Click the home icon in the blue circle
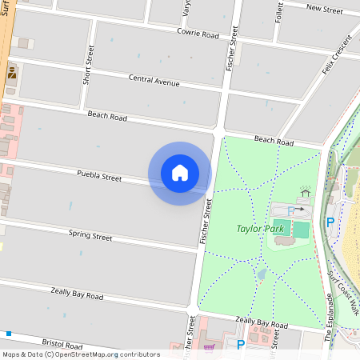pyautogui.click(x=180, y=173)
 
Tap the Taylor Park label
pyautogui.click(x=260, y=229)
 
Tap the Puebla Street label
pyautogui.click(x=99, y=175)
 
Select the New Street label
pyautogui.click(x=324, y=9)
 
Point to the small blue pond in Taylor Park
pyautogui.click(x=261, y=274)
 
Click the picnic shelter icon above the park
pyautogui.click(x=305, y=193)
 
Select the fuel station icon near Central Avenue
pyautogui.click(x=11, y=73)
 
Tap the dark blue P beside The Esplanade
pyautogui.click(x=330, y=222)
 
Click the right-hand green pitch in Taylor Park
pyautogui.click(x=300, y=230)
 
